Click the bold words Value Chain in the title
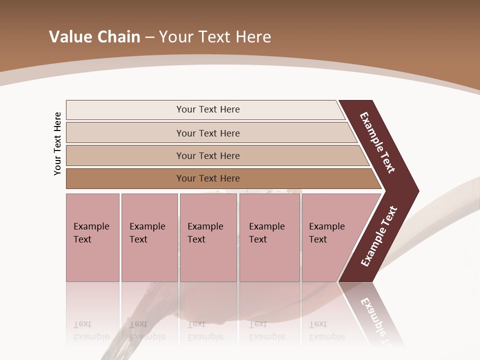point(94,37)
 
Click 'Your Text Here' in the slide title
point(215,37)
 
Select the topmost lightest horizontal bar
point(205,109)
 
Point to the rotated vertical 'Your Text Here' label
point(57,143)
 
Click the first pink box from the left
point(92,237)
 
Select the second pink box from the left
point(149,237)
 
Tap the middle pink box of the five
point(208,237)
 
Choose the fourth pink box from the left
point(269,237)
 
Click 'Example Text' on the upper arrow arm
point(377,142)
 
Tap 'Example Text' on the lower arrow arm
point(379,236)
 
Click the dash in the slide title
point(149,37)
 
